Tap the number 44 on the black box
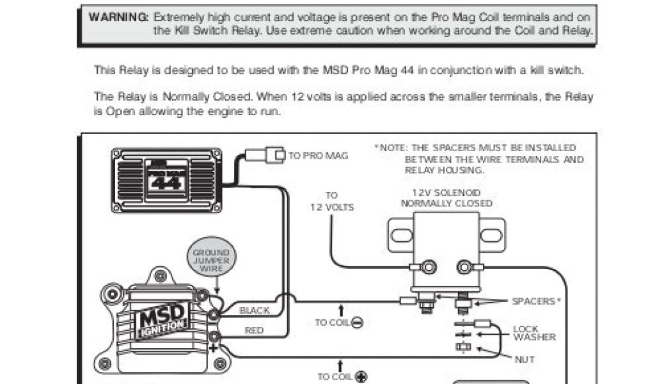pyautogui.click(x=168, y=183)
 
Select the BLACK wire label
pyautogui.click(x=254, y=311)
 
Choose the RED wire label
pyautogui.click(x=254, y=331)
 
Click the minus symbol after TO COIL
pyautogui.click(x=357, y=323)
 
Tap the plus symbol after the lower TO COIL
pyautogui.click(x=361, y=376)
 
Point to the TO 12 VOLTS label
pyautogui.click(x=331, y=202)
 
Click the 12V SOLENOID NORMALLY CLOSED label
pyautogui.click(x=446, y=198)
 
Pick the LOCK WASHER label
pyautogui.click(x=534, y=333)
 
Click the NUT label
pyautogui.click(x=524, y=360)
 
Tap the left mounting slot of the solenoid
pyautogui.click(x=401, y=235)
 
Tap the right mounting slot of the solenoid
pyautogui.click(x=492, y=235)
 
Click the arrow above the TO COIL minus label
pyautogui.click(x=342, y=310)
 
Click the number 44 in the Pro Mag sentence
pyautogui.click(x=408, y=70)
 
